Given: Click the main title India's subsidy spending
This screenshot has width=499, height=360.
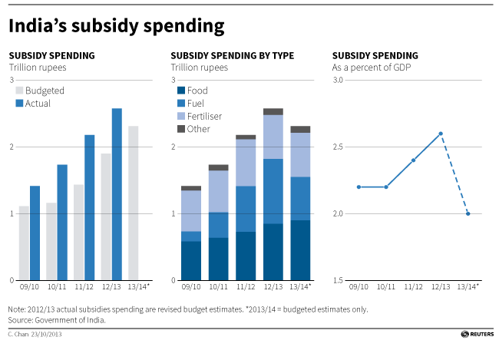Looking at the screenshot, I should (117, 27).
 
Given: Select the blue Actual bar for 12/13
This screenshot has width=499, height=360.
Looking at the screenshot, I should (117, 193).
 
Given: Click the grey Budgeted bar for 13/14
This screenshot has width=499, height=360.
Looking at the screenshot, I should (134, 203).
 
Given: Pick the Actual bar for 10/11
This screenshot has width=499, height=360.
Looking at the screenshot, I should (62, 222).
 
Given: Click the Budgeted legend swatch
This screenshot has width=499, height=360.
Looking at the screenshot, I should (20, 91).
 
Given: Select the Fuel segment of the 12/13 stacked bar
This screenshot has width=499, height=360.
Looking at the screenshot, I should (273, 191).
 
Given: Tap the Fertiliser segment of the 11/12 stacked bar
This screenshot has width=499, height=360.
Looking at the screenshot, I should (246, 162).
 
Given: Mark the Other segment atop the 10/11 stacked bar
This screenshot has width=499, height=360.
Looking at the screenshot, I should (218, 167).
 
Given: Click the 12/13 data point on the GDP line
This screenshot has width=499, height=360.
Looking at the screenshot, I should (441, 134).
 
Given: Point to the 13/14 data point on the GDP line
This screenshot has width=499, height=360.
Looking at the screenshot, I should (468, 213).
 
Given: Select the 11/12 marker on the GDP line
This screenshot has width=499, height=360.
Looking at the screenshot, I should (413, 160).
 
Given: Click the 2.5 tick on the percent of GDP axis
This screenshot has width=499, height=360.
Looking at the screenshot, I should (339, 147).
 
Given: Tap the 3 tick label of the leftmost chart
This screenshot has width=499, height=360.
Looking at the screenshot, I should (12, 80).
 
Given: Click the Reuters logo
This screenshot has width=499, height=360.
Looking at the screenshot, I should (475, 335).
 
